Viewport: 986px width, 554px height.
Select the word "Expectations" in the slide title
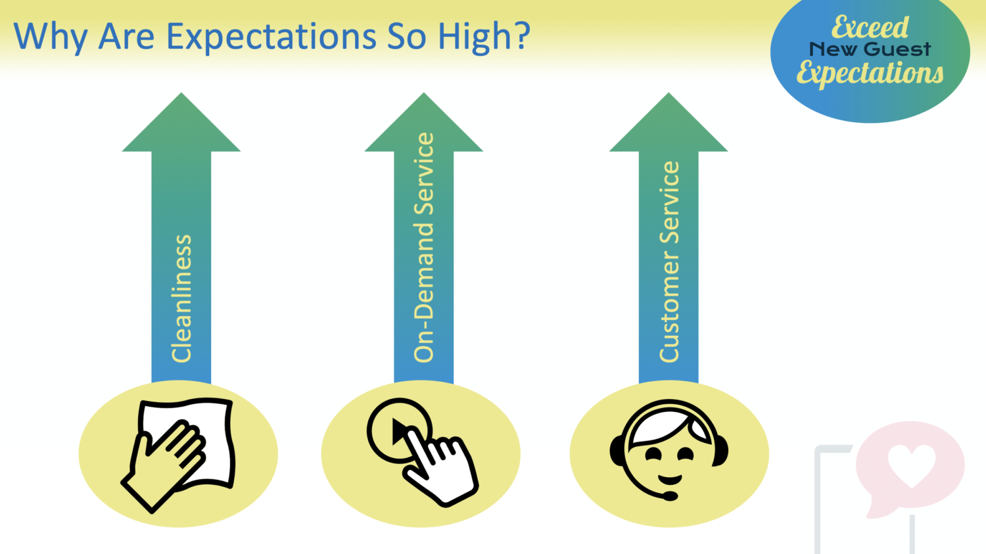click(x=271, y=37)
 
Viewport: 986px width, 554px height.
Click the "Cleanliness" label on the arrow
click(x=181, y=299)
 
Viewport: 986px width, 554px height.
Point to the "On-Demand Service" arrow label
click(x=424, y=247)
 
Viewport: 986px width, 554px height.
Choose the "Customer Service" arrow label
click(x=669, y=262)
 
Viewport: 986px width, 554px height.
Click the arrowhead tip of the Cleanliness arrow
click(x=181, y=93)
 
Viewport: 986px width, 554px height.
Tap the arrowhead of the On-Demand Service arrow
click(x=424, y=122)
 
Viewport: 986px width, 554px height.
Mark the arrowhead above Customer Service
click(x=669, y=122)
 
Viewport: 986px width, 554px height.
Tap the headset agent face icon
click(x=669, y=450)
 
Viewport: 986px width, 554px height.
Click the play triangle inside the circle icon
click(x=399, y=432)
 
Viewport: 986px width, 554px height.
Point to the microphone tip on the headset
click(x=670, y=496)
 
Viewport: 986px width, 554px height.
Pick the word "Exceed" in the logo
click(x=870, y=28)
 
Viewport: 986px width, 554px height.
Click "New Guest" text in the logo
click(x=870, y=49)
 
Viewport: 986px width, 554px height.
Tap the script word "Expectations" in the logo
click(x=870, y=73)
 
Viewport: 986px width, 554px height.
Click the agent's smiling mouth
click(x=670, y=479)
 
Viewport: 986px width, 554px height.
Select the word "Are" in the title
click(x=126, y=37)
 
